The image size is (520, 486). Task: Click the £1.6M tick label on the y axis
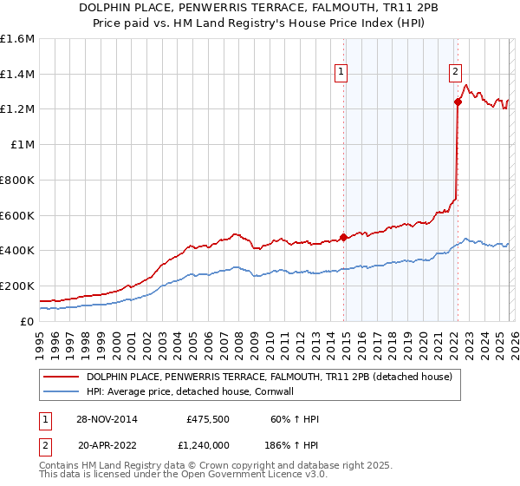point(16,39)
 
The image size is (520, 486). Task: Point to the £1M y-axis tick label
point(22,145)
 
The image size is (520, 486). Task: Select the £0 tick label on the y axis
point(28,321)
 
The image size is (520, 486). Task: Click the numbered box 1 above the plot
point(341,73)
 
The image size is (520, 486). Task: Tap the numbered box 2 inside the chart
point(455,73)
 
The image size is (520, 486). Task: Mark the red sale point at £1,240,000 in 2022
point(458,102)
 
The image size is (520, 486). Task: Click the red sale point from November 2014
point(344,237)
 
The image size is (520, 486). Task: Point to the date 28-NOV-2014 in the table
point(107,419)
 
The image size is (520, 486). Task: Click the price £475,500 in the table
point(208,419)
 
